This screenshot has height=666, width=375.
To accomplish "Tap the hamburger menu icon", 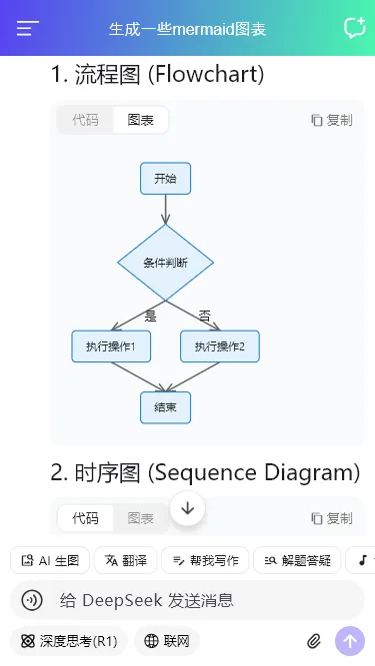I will click(x=28, y=28).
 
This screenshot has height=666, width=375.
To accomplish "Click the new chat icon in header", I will click(x=353, y=28).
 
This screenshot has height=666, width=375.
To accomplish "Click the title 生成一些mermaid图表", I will click(x=188, y=29).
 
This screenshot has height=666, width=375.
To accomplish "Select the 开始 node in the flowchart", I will click(x=165, y=179).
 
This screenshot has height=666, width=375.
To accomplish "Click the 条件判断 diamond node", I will click(x=165, y=263).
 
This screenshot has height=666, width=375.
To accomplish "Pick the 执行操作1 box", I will click(x=110, y=346).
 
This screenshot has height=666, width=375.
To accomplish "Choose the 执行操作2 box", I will click(x=220, y=346).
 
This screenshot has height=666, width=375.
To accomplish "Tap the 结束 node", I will click(x=165, y=407).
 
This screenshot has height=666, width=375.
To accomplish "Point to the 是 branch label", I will click(x=150, y=316).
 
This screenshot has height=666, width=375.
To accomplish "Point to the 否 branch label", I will click(x=204, y=316).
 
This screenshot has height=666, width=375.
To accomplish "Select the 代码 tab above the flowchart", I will click(x=85, y=120).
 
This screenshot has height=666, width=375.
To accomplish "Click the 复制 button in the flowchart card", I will click(x=331, y=120).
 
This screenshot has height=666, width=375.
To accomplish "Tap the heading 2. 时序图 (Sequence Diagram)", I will click(x=205, y=472).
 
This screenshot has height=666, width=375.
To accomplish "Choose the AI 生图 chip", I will click(x=51, y=560).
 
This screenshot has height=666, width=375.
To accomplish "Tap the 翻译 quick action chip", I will click(x=125, y=560).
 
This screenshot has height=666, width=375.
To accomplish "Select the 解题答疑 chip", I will click(x=297, y=560).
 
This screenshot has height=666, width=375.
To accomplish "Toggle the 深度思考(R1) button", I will click(x=69, y=640).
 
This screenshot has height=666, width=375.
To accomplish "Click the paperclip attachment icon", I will click(x=314, y=640).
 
